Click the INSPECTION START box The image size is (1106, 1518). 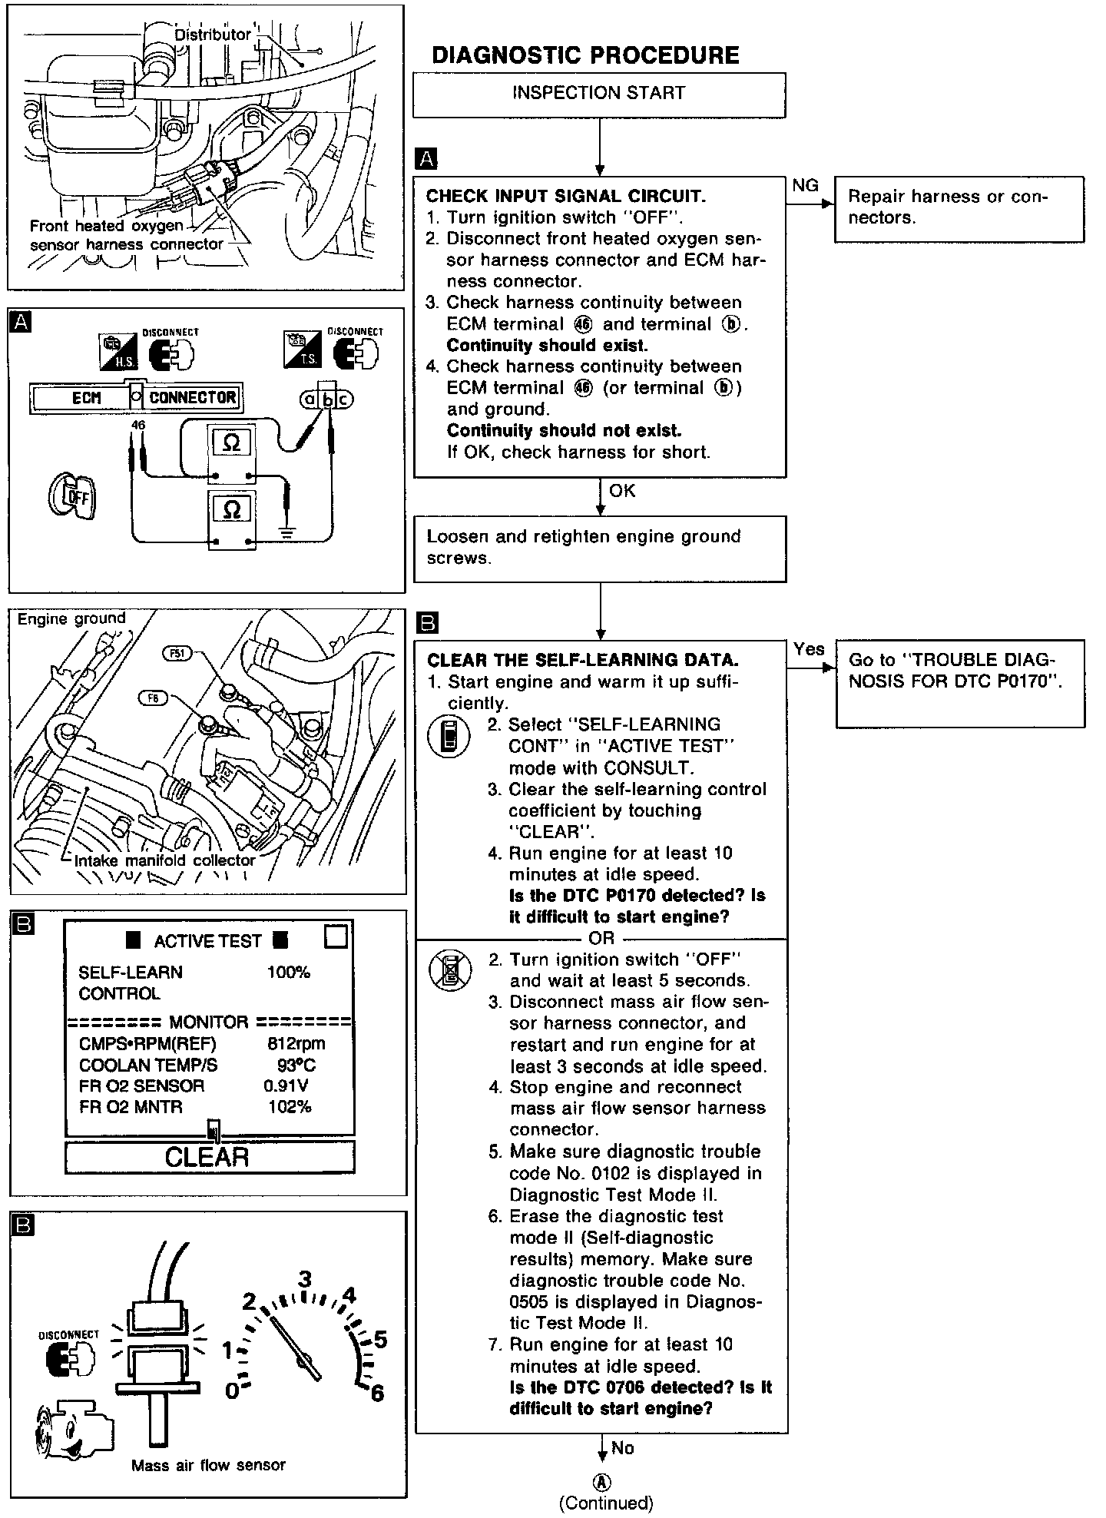coord(598,94)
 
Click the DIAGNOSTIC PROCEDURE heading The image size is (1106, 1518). coord(585,55)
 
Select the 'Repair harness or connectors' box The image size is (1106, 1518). coord(959,208)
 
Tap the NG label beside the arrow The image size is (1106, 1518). coord(806,186)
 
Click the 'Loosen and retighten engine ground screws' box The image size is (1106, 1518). coord(599,548)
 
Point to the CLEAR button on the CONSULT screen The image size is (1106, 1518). coord(209,1157)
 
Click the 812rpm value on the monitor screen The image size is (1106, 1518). coord(296,1043)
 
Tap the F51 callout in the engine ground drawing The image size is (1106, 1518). coord(177,654)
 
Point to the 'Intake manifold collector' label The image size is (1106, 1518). coord(164,860)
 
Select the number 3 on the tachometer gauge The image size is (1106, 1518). coord(305,1280)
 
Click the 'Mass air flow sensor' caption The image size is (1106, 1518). coord(208,1465)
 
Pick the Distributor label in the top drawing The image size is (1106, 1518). coord(213,35)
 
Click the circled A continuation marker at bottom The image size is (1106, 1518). coord(604,1482)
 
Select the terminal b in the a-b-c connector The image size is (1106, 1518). coord(328,399)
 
